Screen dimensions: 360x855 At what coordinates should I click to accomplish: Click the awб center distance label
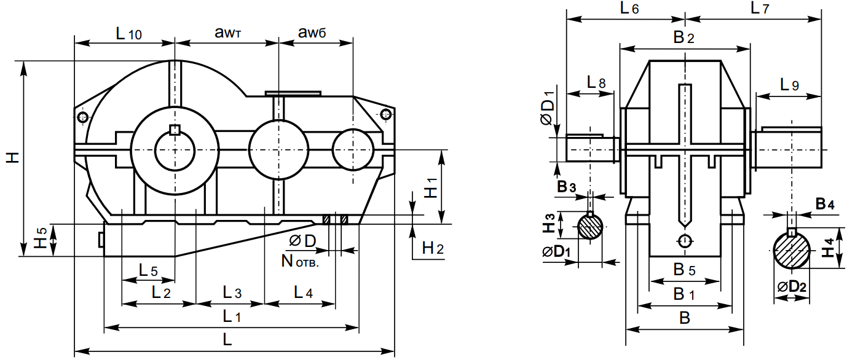pos(312,34)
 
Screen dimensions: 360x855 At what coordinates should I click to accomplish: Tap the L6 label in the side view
pos(629,9)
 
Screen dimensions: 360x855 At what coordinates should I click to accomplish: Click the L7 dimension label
pos(760,9)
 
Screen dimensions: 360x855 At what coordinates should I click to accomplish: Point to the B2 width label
pos(684,38)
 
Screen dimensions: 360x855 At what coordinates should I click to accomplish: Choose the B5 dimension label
pos(684,269)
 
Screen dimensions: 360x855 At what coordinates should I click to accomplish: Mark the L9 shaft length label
pos(789,85)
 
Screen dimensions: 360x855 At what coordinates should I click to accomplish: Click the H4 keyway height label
pos(829,248)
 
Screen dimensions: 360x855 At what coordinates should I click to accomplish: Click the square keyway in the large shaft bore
pos(175,130)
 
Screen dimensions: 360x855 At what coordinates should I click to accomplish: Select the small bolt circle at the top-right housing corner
pos(385,114)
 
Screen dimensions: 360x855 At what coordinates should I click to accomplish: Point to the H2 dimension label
pos(433,248)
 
